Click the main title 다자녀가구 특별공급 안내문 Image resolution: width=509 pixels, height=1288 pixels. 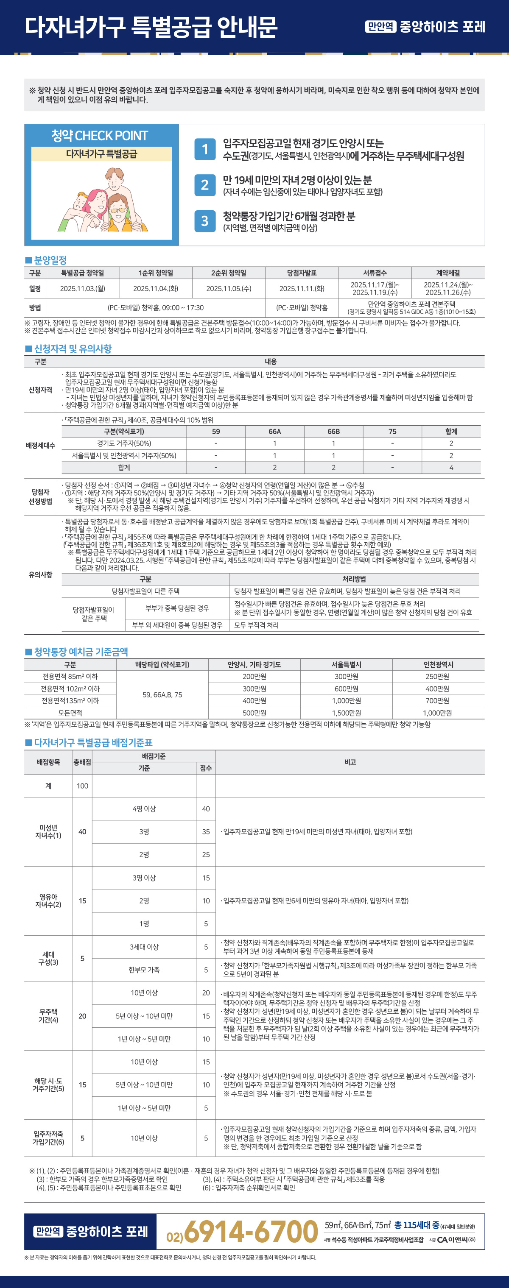[151, 27]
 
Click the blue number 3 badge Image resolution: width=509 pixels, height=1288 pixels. [204, 221]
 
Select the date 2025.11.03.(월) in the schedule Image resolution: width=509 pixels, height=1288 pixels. [82, 288]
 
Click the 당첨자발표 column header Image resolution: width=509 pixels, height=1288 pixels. [302, 273]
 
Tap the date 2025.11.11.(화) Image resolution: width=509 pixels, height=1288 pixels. [302, 288]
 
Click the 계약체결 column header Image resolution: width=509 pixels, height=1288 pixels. [447, 273]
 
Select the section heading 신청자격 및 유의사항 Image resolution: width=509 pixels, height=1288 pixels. [73, 348]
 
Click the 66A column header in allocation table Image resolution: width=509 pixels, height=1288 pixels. [274, 432]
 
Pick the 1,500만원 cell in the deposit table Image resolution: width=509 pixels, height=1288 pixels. [346, 713]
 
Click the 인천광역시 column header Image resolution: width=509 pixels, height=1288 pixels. [438, 664]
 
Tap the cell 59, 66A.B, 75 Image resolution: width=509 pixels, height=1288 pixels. [162, 694]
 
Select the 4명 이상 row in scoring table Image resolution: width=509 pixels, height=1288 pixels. [144, 808]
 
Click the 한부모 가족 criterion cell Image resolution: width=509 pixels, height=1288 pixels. [144, 970]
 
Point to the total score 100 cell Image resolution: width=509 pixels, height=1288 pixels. [82, 786]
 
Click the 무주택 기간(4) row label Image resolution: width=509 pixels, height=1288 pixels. [48, 1015]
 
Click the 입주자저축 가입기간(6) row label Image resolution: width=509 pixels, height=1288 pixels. [48, 1138]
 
